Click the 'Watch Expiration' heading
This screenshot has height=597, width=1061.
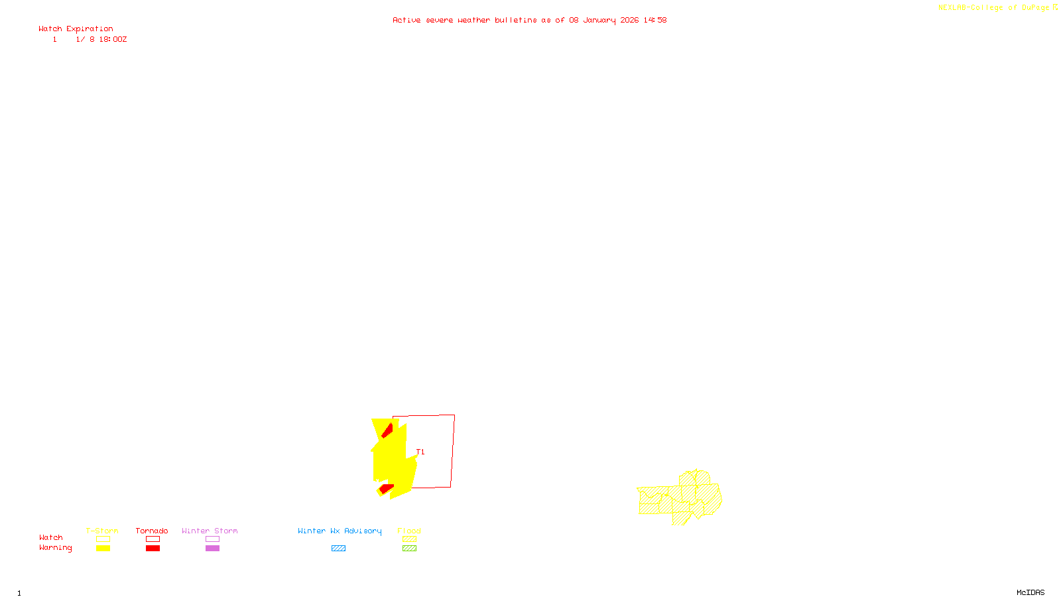[x=76, y=29]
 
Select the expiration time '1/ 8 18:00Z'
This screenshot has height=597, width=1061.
[x=101, y=40]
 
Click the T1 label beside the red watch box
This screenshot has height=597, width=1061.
[x=420, y=452]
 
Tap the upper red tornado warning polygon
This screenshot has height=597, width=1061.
[x=387, y=431]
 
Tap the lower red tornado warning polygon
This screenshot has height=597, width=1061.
[x=385, y=489]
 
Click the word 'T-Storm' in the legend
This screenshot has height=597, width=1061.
[x=102, y=531]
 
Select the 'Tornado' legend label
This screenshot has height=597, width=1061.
[x=152, y=531]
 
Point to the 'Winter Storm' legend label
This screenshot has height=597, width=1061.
[x=210, y=531]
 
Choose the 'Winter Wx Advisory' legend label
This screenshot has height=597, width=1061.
[x=340, y=531]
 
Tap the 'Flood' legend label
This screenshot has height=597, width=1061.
[x=409, y=531]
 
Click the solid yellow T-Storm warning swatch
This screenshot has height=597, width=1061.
[x=103, y=549]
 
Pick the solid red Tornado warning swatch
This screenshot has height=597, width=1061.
[x=153, y=549]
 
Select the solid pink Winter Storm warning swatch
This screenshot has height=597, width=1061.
[x=212, y=549]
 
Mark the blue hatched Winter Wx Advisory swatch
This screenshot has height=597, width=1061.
[x=338, y=549]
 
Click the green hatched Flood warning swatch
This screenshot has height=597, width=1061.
[x=409, y=549]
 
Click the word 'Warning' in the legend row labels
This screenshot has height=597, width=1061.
[x=55, y=548]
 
